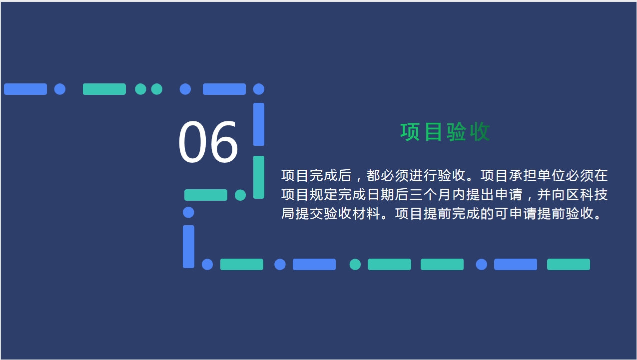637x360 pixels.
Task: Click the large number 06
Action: pos(208,141)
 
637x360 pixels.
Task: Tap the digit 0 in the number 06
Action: pos(192,141)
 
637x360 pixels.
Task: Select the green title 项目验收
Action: pos(445,132)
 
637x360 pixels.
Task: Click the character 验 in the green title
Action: pos(456,132)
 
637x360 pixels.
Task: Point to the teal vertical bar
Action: pos(259,177)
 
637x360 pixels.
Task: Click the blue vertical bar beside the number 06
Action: pos(259,124)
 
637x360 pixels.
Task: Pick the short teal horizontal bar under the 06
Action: pos(206,195)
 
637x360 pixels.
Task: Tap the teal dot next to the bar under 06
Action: pos(240,195)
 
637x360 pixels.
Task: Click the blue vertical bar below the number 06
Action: pos(188,247)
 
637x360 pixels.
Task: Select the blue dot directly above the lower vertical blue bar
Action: pos(188,213)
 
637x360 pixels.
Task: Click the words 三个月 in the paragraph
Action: pos(431,195)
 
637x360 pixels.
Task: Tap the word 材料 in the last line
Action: pos(366,213)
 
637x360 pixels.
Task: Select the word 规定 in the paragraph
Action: pos(324,195)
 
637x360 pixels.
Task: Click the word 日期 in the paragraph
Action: pos(381,195)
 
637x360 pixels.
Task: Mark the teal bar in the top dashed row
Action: pos(104,89)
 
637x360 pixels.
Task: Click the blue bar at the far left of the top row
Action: pos(25,89)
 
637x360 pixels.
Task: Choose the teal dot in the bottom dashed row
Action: pos(355,264)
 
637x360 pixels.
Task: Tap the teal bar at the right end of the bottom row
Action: pos(569,264)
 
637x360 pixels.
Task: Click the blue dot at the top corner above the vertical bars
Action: pos(259,89)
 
